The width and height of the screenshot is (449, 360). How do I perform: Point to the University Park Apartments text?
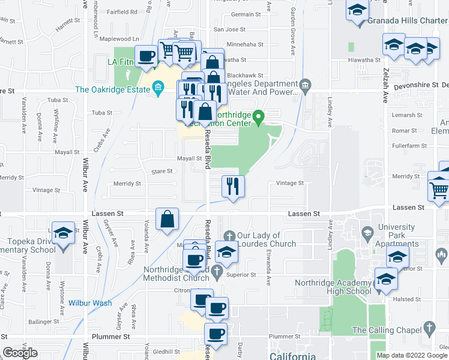[396, 232]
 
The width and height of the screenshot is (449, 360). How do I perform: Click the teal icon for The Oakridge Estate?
[158, 89]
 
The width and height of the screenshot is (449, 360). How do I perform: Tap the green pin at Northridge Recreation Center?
[259, 117]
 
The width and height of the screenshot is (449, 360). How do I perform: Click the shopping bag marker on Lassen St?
[167, 219]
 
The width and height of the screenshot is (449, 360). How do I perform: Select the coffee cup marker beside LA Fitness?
[146, 56]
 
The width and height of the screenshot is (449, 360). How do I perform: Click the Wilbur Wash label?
[89, 303]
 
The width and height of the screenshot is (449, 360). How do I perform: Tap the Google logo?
[20, 353]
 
